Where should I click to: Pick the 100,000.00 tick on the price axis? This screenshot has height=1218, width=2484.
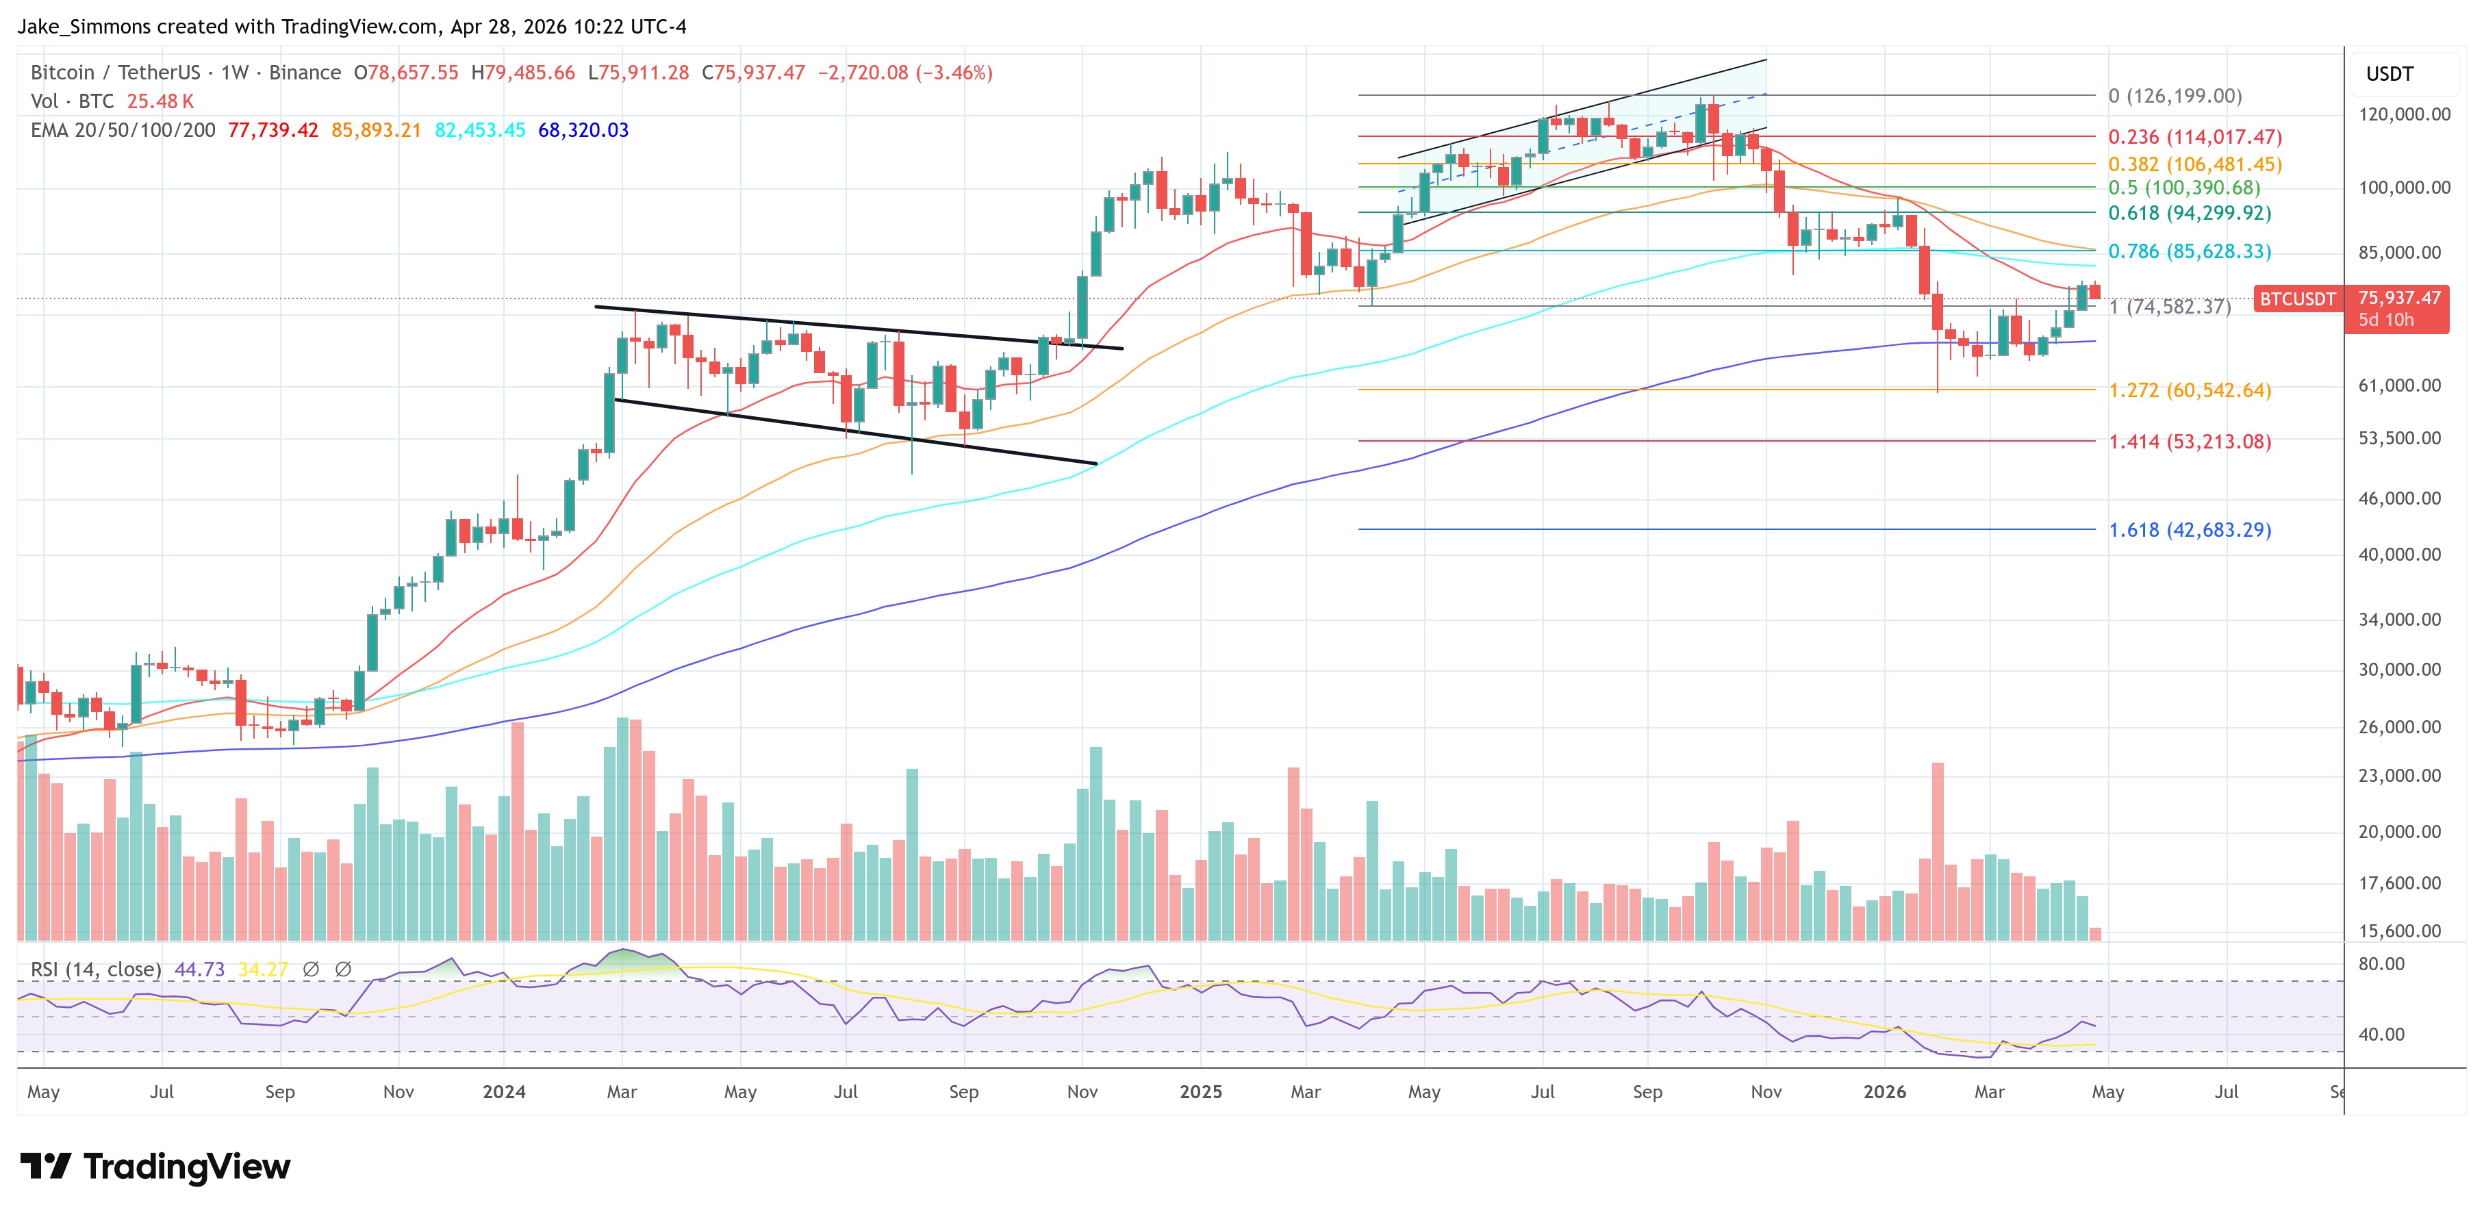click(x=2404, y=187)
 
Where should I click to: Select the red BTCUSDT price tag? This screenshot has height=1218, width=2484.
click(x=2298, y=299)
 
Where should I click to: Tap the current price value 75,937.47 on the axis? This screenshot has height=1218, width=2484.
click(x=2399, y=298)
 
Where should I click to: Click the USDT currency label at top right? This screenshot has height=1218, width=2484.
click(x=2390, y=74)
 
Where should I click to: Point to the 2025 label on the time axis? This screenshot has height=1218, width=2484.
click(x=1200, y=1091)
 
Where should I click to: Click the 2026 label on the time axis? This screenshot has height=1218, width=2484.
click(x=1884, y=1091)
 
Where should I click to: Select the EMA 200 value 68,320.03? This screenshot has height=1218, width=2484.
click(x=583, y=130)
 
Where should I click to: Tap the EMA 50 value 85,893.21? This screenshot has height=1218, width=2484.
click(x=376, y=130)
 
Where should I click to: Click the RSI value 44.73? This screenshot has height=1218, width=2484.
click(x=200, y=969)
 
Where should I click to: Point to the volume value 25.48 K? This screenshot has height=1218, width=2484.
click(x=160, y=101)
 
